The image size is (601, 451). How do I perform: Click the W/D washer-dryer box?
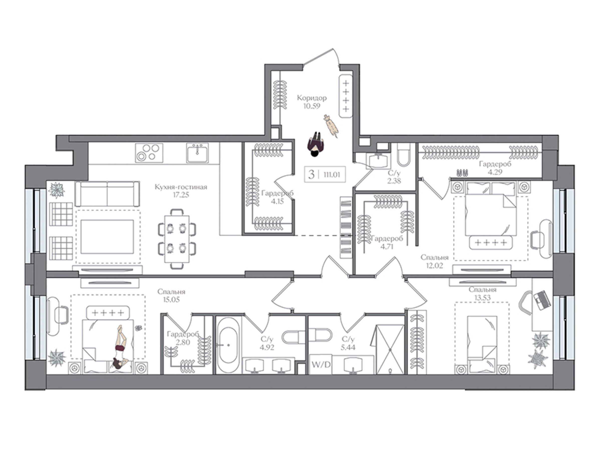321,364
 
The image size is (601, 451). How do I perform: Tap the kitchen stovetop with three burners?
149,153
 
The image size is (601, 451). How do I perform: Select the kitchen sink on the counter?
198,153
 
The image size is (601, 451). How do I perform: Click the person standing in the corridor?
315,144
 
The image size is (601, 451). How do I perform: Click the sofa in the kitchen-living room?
107,194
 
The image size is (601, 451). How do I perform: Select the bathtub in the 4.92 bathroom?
228,345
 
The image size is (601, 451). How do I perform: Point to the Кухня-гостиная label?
181,187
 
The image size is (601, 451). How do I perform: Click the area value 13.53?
483,298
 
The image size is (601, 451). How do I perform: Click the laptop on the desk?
542,300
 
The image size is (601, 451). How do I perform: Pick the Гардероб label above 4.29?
495,164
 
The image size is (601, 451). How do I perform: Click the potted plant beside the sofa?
57,190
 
